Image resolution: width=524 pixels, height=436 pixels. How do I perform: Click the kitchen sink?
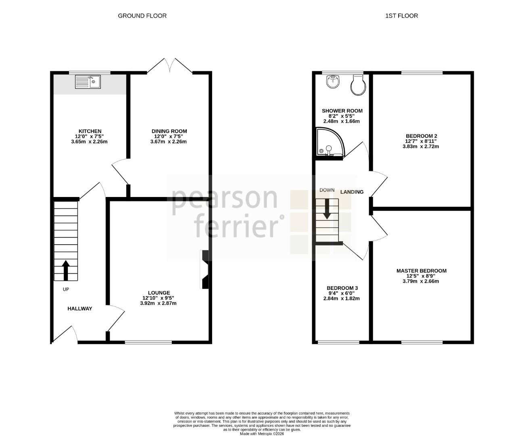88,82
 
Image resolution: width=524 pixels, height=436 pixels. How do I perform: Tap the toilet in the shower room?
358,85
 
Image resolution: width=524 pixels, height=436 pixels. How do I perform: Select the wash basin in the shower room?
333,82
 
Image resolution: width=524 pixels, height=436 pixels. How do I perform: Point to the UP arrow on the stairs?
66,270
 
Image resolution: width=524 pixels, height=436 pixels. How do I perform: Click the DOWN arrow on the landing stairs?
327,209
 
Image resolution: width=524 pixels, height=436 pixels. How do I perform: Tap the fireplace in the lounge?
205,269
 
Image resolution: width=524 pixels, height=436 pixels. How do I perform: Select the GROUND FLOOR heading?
142,16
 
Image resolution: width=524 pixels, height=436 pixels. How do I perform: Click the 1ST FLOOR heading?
401,16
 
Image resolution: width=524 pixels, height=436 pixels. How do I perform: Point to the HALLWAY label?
80,309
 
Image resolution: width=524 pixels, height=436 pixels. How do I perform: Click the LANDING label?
352,192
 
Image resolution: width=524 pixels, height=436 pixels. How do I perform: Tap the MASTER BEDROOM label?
422,271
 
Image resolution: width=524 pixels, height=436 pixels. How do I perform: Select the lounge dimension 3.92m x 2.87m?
159,303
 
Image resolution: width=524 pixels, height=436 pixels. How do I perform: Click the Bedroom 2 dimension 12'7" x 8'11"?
421,141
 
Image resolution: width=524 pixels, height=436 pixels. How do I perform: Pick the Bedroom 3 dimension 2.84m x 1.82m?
342,298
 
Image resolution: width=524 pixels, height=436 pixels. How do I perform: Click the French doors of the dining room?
170,66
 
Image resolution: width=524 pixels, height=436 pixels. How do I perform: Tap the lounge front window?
148,342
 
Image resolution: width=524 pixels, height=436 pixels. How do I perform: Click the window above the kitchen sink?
90,73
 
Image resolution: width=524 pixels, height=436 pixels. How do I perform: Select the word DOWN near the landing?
327,190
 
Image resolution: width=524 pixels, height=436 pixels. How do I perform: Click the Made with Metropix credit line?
262,434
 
